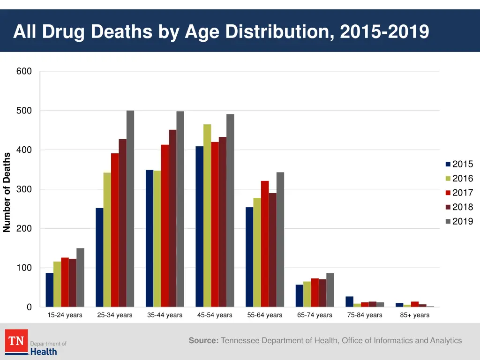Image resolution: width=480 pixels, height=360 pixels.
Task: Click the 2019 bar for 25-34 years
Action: pos(130,209)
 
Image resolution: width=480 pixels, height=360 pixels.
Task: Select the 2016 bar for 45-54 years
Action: pos(207,216)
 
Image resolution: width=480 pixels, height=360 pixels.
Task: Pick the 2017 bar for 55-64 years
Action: pos(265,244)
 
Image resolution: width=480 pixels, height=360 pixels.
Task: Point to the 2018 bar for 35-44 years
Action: pos(172,218)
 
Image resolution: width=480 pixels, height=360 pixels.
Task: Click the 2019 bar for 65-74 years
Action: pos(330,290)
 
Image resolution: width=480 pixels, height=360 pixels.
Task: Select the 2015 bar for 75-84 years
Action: pos(349,301)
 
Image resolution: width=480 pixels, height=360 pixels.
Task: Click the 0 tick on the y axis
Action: pos(29,307)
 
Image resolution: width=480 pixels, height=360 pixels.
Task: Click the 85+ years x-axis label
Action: pos(414,315)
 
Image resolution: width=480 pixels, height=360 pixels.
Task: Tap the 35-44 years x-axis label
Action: pos(165,315)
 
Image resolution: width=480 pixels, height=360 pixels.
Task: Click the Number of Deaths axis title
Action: pos(7,192)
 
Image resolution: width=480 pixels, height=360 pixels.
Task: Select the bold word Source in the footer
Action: pos(203,341)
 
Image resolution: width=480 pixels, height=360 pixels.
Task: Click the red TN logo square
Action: pos(16,341)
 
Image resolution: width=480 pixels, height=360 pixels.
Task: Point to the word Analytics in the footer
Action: pos(445,341)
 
